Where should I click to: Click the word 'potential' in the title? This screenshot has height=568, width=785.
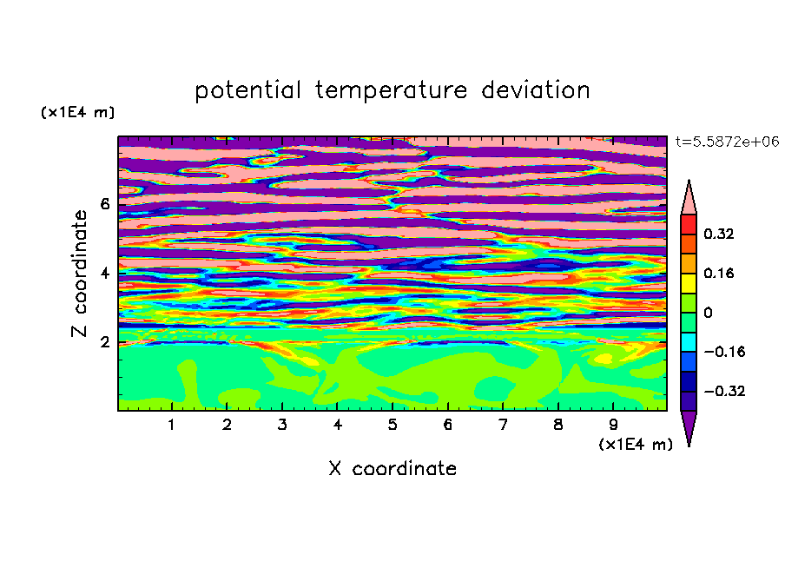[x=247, y=90]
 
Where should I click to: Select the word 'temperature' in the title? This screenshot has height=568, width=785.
[x=392, y=90]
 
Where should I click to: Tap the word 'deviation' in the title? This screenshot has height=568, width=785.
[x=536, y=89]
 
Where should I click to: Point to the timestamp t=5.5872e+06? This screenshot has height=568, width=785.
[x=728, y=142]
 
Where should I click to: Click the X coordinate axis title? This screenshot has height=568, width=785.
[x=392, y=468]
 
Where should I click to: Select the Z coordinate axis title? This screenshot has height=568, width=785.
[x=80, y=273]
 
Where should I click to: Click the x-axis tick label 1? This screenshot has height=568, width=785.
[x=172, y=425]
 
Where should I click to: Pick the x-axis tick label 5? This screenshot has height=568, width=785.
[x=392, y=425]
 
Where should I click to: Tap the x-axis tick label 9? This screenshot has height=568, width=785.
[x=613, y=425]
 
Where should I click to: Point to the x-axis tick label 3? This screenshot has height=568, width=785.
[x=282, y=425]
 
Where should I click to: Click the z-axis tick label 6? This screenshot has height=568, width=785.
[x=104, y=204]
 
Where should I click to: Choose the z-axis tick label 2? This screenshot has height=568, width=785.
[x=104, y=342]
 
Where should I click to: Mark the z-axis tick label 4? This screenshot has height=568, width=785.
[x=104, y=273]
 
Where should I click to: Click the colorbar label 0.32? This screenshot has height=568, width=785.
[x=719, y=234]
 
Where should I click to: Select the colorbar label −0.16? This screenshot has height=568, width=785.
[x=724, y=352]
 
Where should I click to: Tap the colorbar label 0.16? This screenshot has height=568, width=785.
[x=719, y=273]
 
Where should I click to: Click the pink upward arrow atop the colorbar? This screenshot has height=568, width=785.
[x=689, y=197]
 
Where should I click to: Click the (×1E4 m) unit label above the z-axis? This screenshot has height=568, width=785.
[x=77, y=112]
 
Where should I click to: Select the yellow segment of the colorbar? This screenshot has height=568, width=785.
[x=689, y=283]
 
